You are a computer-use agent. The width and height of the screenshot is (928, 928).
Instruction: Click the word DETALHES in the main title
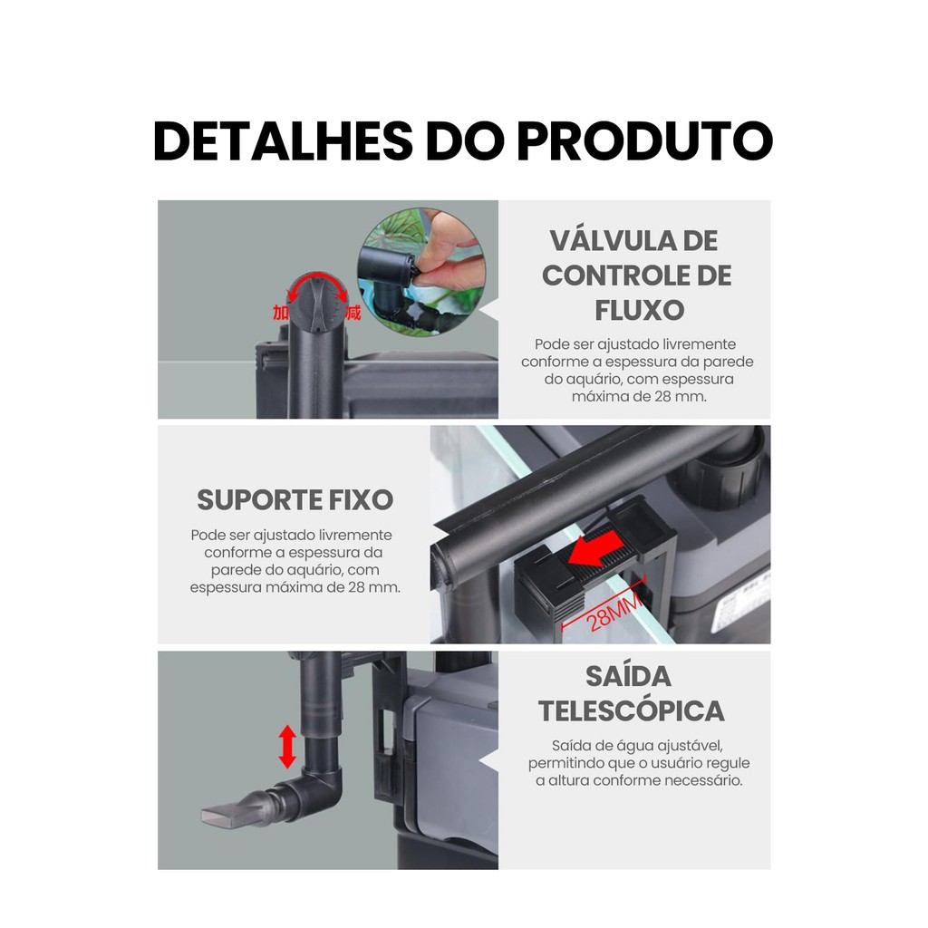(x=284, y=140)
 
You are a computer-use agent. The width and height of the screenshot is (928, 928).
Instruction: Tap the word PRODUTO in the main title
(x=644, y=140)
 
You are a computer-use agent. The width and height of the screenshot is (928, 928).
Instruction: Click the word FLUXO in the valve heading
(x=639, y=310)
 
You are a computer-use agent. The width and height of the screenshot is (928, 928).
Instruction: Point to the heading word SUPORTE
(x=258, y=500)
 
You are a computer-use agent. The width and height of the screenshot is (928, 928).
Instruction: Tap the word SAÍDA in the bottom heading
(x=629, y=676)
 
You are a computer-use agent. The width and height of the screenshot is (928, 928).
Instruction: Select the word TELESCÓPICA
(x=632, y=710)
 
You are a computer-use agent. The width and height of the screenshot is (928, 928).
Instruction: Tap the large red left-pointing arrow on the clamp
(x=595, y=548)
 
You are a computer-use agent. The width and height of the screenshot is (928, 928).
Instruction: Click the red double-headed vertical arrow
(x=287, y=747)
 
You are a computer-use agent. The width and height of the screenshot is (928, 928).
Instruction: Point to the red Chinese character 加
(x=281, y=313)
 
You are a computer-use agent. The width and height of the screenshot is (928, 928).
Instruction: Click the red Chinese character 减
(x=353, y=312)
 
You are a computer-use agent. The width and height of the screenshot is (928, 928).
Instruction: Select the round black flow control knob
(x=317, y=303)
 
